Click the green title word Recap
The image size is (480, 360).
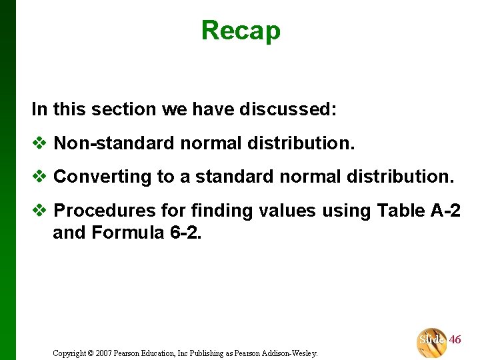tap(241, 30)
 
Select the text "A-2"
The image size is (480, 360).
tap(443, 211)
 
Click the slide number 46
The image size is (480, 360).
tap(455, 340)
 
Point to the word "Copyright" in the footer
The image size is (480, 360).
tap(69, 353)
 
